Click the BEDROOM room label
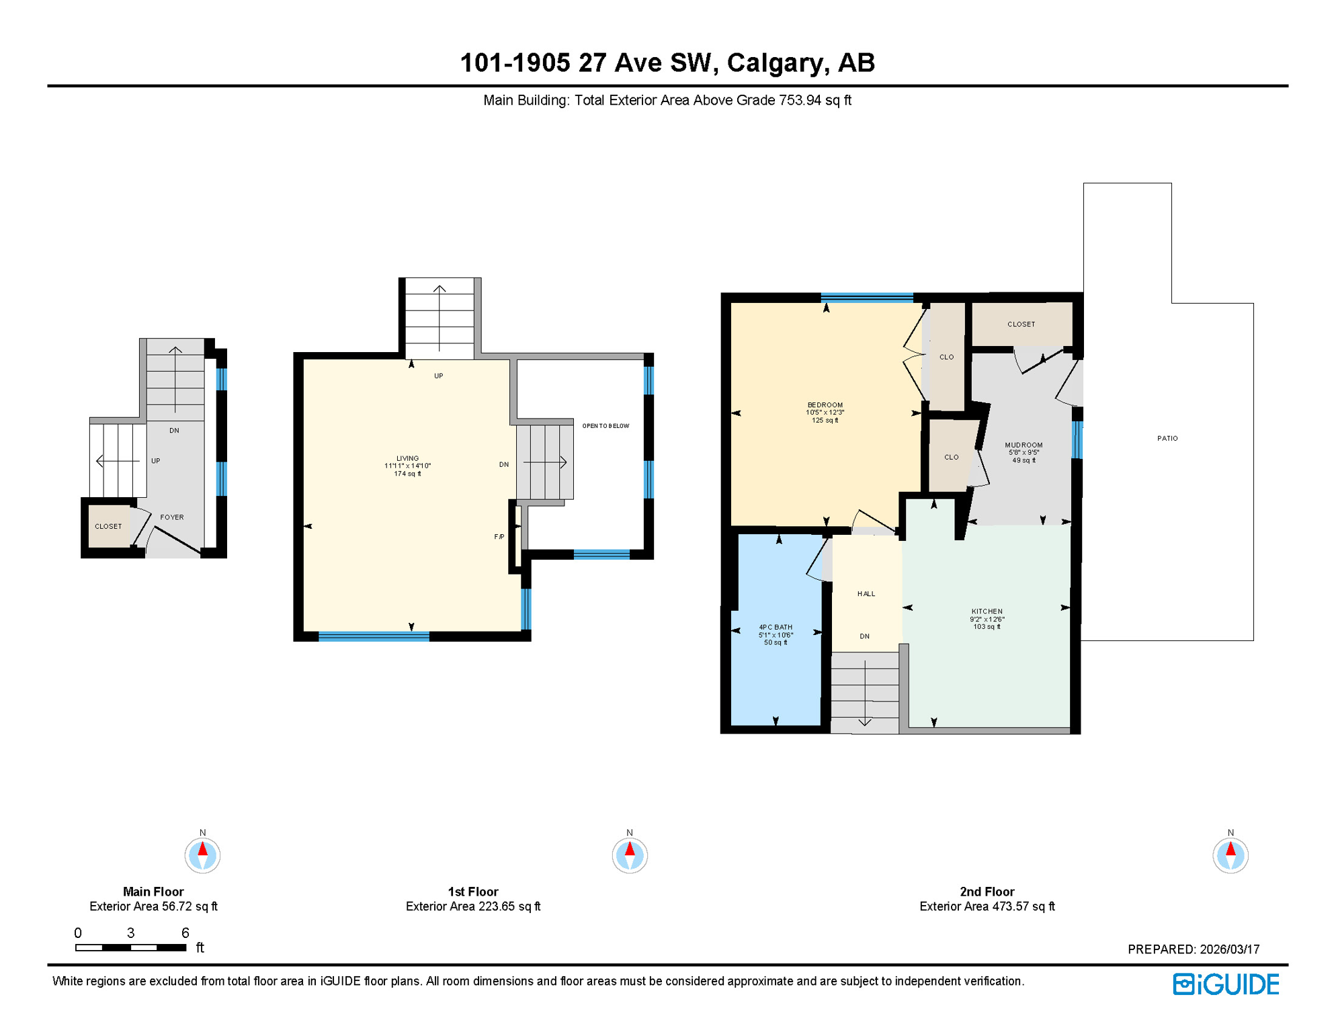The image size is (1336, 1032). [825, 405]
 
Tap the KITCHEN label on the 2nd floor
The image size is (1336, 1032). [987, 611]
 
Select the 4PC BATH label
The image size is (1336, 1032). [776, 627]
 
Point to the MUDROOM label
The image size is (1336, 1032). [1024, 445]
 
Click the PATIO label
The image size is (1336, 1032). [1167, 438]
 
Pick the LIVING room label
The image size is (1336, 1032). [407, 458]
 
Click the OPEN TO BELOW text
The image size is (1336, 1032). [606, 426]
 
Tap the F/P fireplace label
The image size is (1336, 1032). [499, 537]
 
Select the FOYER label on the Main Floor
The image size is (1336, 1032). [172, 517]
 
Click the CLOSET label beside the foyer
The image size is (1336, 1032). [108, 526]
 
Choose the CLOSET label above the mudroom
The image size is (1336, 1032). [1021, 325]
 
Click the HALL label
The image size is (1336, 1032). [866, 594]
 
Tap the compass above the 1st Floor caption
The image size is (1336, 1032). [630, 855]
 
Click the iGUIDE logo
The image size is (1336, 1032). [1226, 984]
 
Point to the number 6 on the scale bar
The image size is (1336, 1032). [185, 933]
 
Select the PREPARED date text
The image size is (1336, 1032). [1194, 949]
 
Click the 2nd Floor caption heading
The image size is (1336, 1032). [987, 892]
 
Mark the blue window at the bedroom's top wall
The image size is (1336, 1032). [866, 298]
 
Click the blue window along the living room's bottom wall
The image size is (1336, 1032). [374, 637]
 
